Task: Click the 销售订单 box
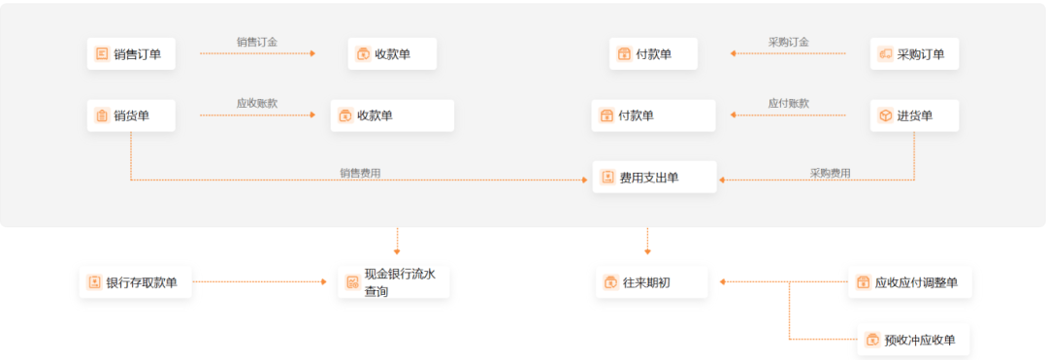[x=131, y=54]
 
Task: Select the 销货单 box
[x=131, y=116]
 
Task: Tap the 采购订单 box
[x=914, y=54]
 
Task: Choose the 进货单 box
[x=914, y=116]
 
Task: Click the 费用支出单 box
[x=654, y=178]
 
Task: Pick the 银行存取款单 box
[x=135, y=282]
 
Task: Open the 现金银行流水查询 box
[x=393, y=282]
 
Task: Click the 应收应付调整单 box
[x=909, y=282]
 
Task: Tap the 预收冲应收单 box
[x=913, y=340]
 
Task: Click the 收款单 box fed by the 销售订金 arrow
[x=392, y=54]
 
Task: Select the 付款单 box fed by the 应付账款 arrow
[x=654, y=116]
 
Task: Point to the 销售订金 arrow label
[x=257, y=42]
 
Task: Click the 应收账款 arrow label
[x=257, y=103]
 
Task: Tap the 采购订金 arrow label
[x=788, y=42]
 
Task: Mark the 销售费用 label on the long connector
[x=360, y=173]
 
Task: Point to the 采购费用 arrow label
[x=830, y=173]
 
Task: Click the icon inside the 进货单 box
[x=885, y=116]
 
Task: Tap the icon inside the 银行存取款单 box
[x=94, y=282]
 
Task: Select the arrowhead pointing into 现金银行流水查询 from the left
[x=324, y=282]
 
